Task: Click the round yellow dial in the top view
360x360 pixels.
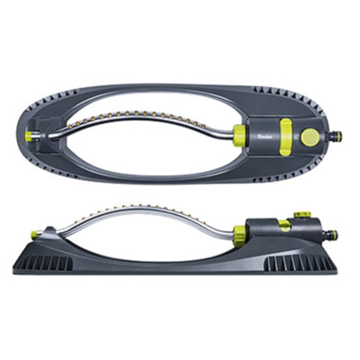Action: pos(310,137)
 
